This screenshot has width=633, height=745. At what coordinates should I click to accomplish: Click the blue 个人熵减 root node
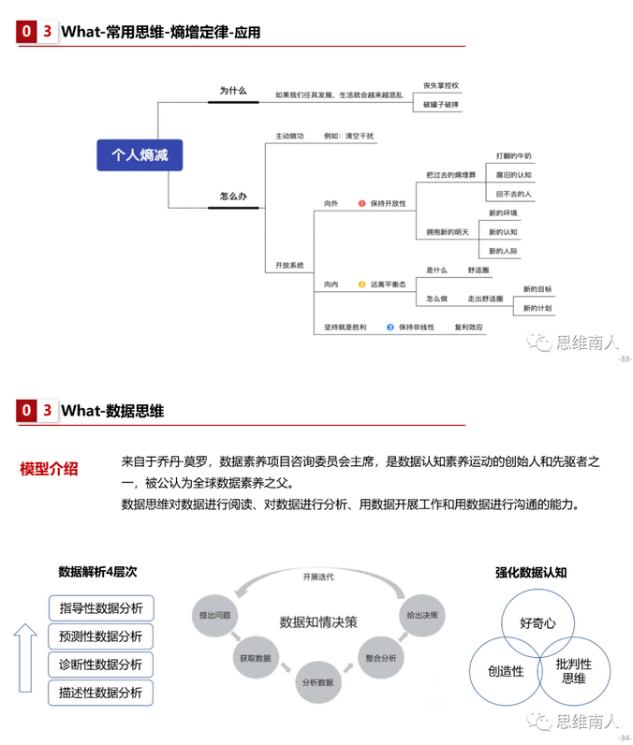[x=140, y=155]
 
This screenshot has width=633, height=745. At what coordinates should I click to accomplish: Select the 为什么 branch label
[x=232, y=91]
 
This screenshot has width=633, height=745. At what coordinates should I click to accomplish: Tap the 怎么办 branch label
[x=232, y=197]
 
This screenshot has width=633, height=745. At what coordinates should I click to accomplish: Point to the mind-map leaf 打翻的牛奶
[x=513, y=155]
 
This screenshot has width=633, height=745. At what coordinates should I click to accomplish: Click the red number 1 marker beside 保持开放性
[x=361, y=203]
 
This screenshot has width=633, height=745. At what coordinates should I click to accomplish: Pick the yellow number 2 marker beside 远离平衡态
[x=361, y=284]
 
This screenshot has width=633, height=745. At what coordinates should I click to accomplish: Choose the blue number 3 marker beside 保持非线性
[x=390, y=328]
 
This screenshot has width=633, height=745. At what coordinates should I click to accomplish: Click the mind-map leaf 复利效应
[x=468, y=328]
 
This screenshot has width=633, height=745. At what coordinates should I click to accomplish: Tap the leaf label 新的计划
[x=537, y=308]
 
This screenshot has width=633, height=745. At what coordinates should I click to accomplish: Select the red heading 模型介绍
[x=49, y=469]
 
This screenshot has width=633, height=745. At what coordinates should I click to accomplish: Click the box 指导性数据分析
[x=101, y=608]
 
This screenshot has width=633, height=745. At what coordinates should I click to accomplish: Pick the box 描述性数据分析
[x=101, y=693]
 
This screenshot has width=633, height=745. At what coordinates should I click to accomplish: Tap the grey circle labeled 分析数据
[x=317, y=681]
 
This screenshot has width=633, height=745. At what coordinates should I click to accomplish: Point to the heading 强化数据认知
[x=531, y=572]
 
